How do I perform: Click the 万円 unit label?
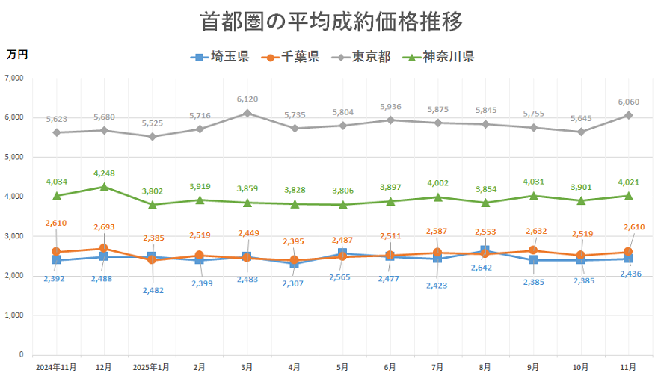pyautogui.click(x=17, y=55)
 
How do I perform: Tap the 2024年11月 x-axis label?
pyautogui.click(x=56, y=368)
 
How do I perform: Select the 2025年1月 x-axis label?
pyautogui.click(x=152, y=368)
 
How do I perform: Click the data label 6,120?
pyautogui.click(x=247, y=99)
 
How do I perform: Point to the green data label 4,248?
pyautogui.click(x=104, y=173)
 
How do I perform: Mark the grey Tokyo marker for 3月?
pyautogui.click(x=247, y=113)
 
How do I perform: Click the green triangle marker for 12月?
pyautogui.click(x=104, y=187)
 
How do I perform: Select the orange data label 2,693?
pyautogui.click(x=104, y=227)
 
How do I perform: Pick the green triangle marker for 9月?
pyautogui.click(x=533, y=196)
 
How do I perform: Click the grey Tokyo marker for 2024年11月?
pyautogui.click(x=56, y=132)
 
